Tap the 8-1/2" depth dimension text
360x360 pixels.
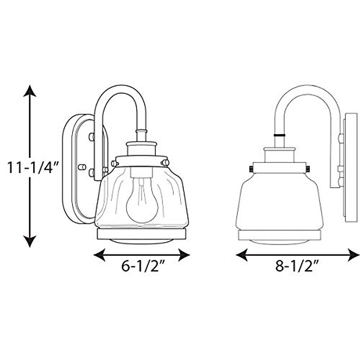click(x=297, y=266)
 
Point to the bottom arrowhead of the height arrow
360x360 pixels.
click(x=30, y=241)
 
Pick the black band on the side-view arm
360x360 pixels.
click(x=279, y=135)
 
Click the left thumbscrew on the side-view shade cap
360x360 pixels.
click(x=251, y=169)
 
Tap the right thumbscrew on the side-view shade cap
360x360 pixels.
click(x=307, y=169)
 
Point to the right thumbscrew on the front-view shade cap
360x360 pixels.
click(x=165, y=163)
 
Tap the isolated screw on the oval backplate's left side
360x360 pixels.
click(x=80, y=167)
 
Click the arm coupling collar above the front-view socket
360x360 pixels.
click(x=141, y=132)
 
